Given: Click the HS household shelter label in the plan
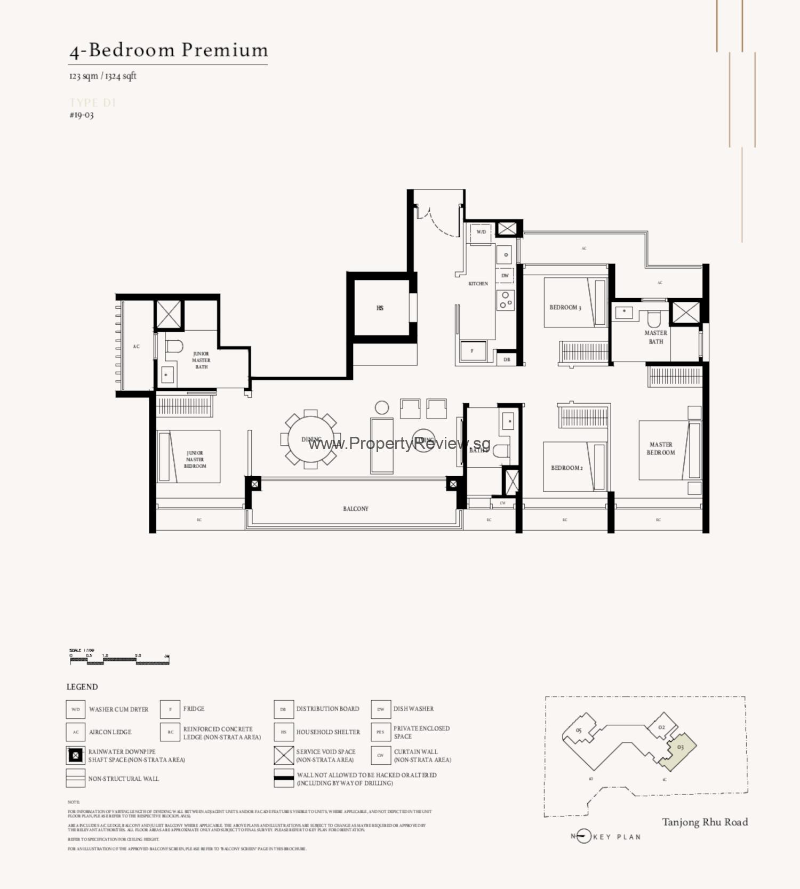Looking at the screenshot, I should tap(380, 308).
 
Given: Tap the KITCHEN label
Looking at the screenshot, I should tap(478, 284).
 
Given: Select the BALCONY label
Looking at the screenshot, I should tap(356, 509).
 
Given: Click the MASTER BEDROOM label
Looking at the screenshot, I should tap(661, 448).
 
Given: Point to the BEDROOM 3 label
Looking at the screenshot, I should tap(565, 308).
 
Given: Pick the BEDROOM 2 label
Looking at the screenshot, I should tap(566, 468).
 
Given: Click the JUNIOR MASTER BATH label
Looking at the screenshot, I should tap(201, 361).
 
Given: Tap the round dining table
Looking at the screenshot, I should tap(311, 439).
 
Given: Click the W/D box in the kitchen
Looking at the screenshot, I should tap(481, 233).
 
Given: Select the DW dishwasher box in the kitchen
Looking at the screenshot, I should tap(505, 276).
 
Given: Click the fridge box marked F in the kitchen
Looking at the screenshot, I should tap(472, 351).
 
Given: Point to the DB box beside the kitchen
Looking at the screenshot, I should tap(507, 359).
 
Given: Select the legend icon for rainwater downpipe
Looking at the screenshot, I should tap(76, 755).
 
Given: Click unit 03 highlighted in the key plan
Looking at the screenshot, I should tap(679, 749).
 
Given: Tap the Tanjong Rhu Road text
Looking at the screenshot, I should tap(705, 822).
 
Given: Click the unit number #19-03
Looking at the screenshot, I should tap(82, 115).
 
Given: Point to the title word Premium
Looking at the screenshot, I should tap(225, 50).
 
